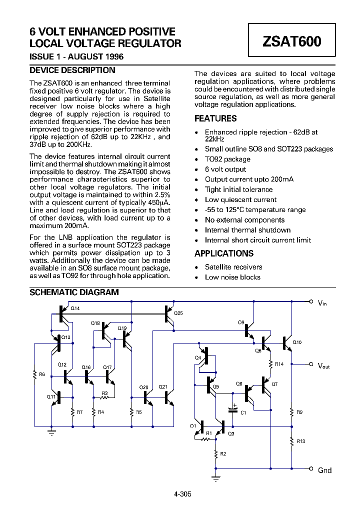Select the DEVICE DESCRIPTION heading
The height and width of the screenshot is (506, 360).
click(72, 70)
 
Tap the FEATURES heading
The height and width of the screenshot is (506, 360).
click(215, 118)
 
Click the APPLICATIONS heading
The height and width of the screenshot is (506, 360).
click(224, 253)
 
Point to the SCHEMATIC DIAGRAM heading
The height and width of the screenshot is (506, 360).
click(74, 292)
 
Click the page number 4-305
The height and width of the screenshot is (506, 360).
click(182, 494)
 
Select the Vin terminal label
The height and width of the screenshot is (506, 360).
click(322, 302)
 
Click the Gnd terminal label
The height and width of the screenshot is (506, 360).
click(324, 470)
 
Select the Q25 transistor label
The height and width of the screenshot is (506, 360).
click(178, 313)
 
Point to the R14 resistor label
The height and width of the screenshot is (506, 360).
click(279, 364)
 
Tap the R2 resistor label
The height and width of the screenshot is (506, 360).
click(223, 453)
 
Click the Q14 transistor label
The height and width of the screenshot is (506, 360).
click(74, 308)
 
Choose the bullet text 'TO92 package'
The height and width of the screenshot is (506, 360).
click(227, 159)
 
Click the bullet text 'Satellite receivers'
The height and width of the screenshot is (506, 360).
click(233, 267)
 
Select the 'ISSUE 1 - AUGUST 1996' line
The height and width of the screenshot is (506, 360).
click(76, 56)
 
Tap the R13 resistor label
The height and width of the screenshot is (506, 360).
click(300, 441)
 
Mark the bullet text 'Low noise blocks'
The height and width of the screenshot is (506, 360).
click(232, 277)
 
